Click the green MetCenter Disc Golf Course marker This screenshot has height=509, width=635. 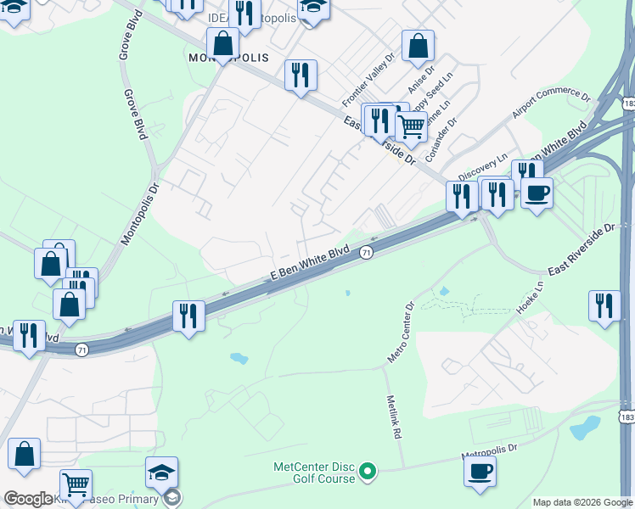point(367,470)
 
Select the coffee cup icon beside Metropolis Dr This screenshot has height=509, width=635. point(480,471)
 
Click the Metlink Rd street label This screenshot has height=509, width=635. point(392,417)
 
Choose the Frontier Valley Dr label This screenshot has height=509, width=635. point(368,81)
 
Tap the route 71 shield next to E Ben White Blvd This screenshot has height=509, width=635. point(366,253)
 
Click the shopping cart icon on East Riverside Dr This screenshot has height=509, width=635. point(411,126)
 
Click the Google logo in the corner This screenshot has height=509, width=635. point(28,499)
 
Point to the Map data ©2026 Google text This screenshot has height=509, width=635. point(582,502)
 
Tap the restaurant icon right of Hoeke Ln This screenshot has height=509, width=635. point(604,305)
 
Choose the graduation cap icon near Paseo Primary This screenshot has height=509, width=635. point(162,472)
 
